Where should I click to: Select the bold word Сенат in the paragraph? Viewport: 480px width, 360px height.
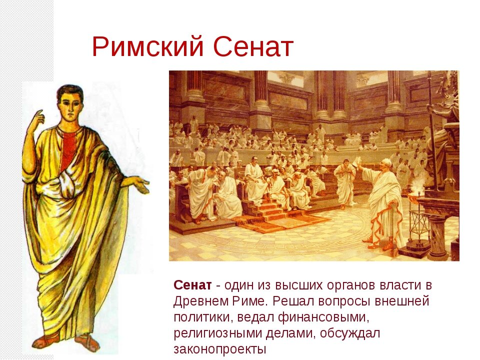coord(192,285)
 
